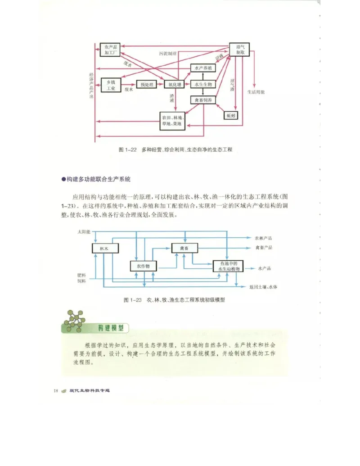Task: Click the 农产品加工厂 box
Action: [x=110, y=50]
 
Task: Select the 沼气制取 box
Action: [x=239, y=50]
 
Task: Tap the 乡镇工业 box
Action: [x=111, y=86]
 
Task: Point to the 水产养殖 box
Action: [x=203, y=68]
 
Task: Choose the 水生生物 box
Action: [x=203, y=84]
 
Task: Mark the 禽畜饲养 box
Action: [x=203, y=100]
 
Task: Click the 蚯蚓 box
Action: [x=231, y=115]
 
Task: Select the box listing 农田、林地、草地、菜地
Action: [x=172, y=121]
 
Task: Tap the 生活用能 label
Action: [x=256, y=92]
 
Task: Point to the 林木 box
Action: [x=104, y=248]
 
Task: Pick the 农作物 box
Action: [x=143, y=266]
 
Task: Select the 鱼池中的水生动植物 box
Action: [x=228, y=266]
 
